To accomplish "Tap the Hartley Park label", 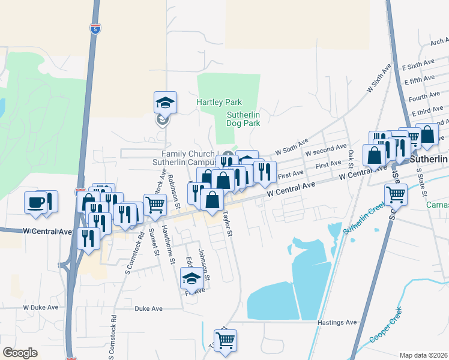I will tap(219, 102).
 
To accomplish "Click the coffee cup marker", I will tap(35, 201).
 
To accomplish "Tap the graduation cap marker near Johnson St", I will tap(192, 278).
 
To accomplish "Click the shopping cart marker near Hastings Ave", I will tap(225, 340).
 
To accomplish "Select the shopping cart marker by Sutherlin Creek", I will tap(396, 194).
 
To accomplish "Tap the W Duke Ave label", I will tap(41, 307).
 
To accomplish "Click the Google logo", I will tap(20, 353).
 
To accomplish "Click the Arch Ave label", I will tap(439, 42).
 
